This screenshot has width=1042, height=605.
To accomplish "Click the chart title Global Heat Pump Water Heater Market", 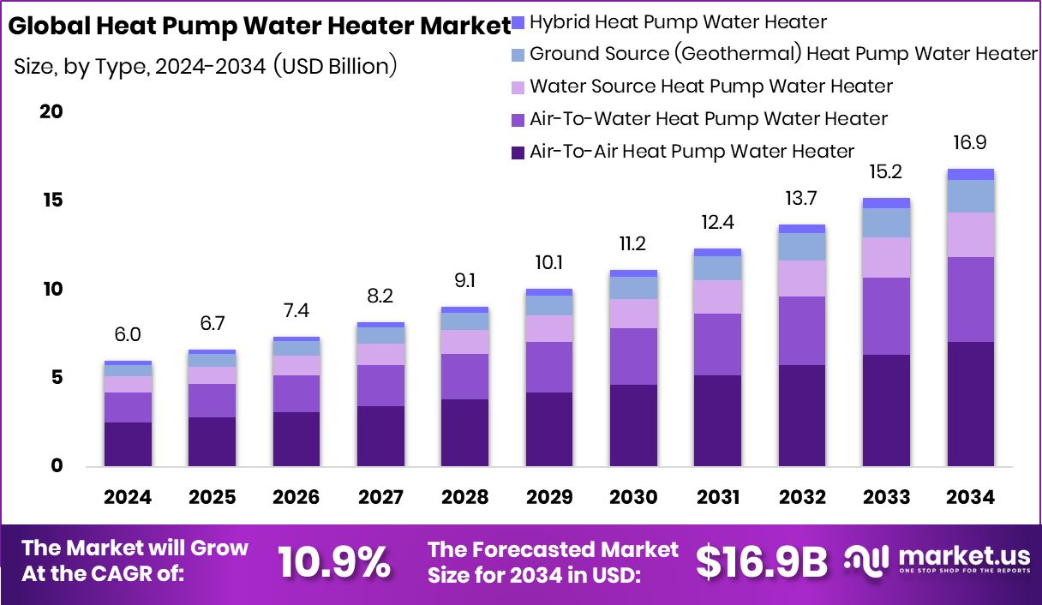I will click(x=259, y=27).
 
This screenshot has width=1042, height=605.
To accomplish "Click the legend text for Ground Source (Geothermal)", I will click(x=783, y=54).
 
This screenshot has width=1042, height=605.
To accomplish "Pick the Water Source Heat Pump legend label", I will click(x=711, y=87).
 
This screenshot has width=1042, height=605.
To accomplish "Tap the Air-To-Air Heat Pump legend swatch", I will click(x=517, y=153).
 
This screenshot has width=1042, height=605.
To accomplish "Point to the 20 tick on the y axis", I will click(x=51, y=112).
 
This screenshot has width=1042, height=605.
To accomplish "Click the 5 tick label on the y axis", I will click(x=56, y=378).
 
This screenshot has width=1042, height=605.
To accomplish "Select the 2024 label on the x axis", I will click(x=128, y=498).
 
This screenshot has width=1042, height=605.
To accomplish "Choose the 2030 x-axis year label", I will click(x=633, y=498).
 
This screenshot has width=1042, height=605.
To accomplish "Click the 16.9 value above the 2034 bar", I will click(x=971, y=142).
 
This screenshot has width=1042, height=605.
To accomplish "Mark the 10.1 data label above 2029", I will click(x=549, y=262).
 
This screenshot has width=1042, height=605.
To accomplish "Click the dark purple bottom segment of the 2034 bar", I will click(x=971, y=404).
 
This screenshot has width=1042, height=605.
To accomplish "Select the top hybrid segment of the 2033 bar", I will click(x=887, y=203).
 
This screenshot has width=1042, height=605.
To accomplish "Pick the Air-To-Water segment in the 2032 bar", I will click(x=802, y=331).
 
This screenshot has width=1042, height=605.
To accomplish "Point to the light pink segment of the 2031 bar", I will click(x=718, y=297).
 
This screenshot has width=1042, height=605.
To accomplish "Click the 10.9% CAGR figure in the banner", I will click(x=334, y=562).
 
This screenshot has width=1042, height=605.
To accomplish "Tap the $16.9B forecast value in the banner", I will click(x=761, y=562).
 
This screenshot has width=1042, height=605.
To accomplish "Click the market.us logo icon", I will click(x=868, y=560).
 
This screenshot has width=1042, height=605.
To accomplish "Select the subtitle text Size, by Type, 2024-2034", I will click(x=206, y=66).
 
